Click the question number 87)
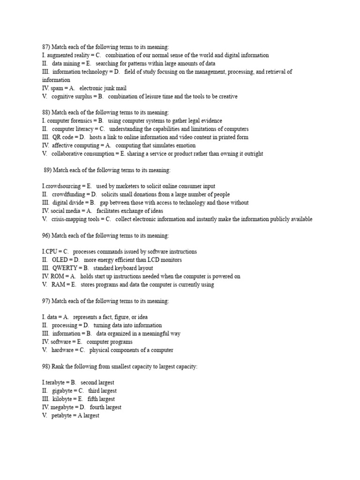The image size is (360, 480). pyautogui.click(x=46, y=47)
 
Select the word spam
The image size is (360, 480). pyautogui.click(x=56, y=88)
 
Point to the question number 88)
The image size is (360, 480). pyautogui.click(x=46, y=112)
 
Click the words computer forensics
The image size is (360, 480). pyautogui.click(x=67, y=121)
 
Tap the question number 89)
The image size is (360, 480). pyautogui.click(x=47, y=170)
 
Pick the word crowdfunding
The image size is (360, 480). pyautogui.click(x=69, y=195)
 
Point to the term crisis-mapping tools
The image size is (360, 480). pyautogui.click(x=75, y=219)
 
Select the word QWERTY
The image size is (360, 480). pyautogui.click(x=65, y=268)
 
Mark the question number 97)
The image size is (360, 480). pyautogui.click(x=46, y=301)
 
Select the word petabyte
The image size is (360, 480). pyautogui.click(x=63, y=416)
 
